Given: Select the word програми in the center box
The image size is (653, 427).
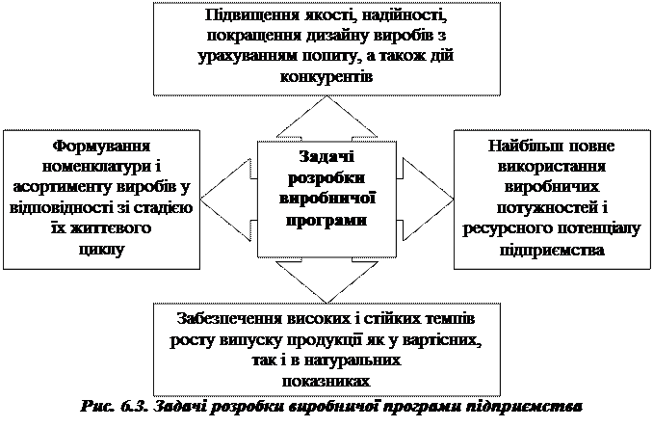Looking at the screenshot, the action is pyautogui.click(x=326, y=220).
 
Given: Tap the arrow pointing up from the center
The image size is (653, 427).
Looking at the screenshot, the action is pyautogui.click(x=326, y=120).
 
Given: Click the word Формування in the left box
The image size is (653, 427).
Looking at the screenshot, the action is pyautogui.click(x=101, y=147).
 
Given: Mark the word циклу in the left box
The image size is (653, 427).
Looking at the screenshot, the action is pyautogui.click(x=101, y=248).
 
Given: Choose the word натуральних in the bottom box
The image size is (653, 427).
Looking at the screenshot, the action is pyautogui.click(x=339, y=361).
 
